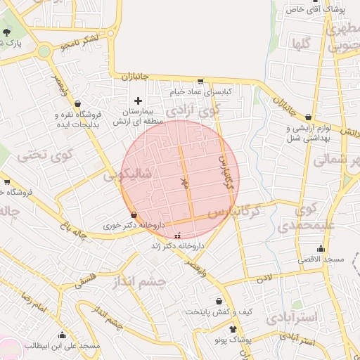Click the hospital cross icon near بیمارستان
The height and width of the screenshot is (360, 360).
tap(138, 101)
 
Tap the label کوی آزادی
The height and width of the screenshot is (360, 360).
tap(192, 110)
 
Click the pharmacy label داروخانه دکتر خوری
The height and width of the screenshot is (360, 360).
tap(134, 225)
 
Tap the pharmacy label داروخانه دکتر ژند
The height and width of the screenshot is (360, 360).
tap(177, 246)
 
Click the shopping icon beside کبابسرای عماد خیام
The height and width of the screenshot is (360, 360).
tap(200, 82)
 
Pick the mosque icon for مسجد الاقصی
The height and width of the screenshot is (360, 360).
tap(321, 248)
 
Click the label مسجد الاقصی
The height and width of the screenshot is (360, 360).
tap(321, 259)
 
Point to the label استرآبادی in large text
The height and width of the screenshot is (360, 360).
tap(292, 316)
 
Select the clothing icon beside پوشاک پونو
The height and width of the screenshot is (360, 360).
tap(233, 328)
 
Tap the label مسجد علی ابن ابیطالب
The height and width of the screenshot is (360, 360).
tap(63, 345)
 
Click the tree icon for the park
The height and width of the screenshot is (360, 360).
tap(7, 32)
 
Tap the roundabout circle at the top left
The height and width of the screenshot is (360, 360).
tap(44, 51)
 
